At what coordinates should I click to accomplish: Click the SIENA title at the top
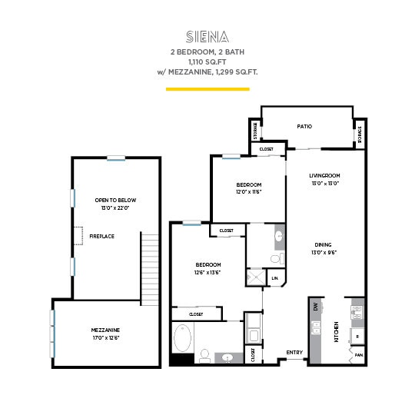coord(207,36)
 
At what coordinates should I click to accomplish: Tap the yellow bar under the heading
coord(207,89)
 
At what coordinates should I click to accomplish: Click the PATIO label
coord(304,127)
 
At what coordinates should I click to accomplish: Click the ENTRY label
coord(294,353)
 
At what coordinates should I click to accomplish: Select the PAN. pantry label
coord(357,355)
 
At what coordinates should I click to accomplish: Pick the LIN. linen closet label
coord(275,278)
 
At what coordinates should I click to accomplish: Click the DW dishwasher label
coord(315,307)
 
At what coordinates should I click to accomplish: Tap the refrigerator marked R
coord(357,337)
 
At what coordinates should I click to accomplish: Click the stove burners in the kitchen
coord(356,312)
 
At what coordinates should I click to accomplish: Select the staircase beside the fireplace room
coord(151,269)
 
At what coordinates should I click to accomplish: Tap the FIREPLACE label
coord(101,236)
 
